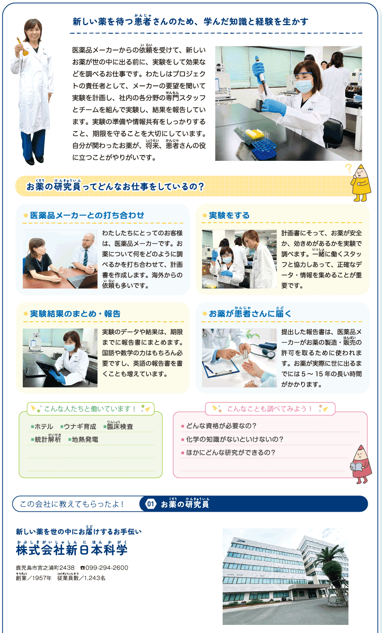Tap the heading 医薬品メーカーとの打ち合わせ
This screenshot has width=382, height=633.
coord(87,215)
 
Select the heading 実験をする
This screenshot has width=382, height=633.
coord(229,215)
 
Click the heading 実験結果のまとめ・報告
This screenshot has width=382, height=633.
coord(75,314)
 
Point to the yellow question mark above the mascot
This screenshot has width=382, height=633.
coord(349,168)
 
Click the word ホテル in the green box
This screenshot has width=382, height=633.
coord(44,426)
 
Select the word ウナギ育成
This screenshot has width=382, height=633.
coord(80,426)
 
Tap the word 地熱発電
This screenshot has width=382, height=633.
coord(85,439)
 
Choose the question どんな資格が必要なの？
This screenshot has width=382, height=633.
coord(221,426)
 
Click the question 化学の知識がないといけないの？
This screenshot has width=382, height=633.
coord(235,439)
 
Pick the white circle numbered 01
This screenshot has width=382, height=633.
coord(151,504)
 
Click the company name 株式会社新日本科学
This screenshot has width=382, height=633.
coord(72,550)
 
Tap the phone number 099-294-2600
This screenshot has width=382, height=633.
coord(107,568)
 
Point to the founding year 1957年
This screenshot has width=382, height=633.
coord(42,578)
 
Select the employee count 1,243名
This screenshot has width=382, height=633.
coord(95,578)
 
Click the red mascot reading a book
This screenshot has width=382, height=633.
coord(361,464)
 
